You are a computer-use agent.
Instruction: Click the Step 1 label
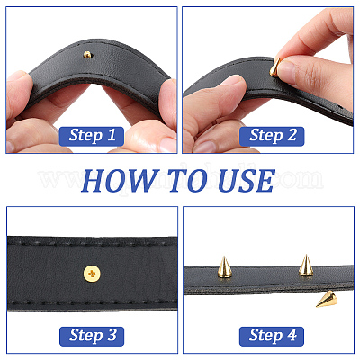pyautogui.click(x=92, y=136)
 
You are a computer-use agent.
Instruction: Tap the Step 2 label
pyautogui.click(x=272, y=136)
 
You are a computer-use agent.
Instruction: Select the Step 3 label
pyautogui.click(x=92, y=336)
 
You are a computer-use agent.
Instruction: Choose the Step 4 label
pyautogui.click(x=272, y=336)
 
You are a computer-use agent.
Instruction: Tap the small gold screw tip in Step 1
pyautogui.click(x=87, y=55)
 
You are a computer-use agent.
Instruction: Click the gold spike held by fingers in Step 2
pyautogui.click(x=274, y=67)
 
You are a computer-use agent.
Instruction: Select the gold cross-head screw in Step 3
pyautogui.click(x=92, y=274)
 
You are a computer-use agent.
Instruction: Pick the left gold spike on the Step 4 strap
pyautogui.click(x=224, y=266)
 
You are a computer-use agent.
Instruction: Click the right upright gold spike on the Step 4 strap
pyautogui.click(x=306, y=265)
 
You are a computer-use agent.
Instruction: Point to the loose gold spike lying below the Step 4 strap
pyautogui.click(x=326, y=299)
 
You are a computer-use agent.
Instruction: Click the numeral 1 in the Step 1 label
pyautogui.click(x=112, y=135)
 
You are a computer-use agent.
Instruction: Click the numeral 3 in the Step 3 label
pyautogui.click(x=112, y=335)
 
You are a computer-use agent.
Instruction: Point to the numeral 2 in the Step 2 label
pyautogui.click(x=292, y=135)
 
